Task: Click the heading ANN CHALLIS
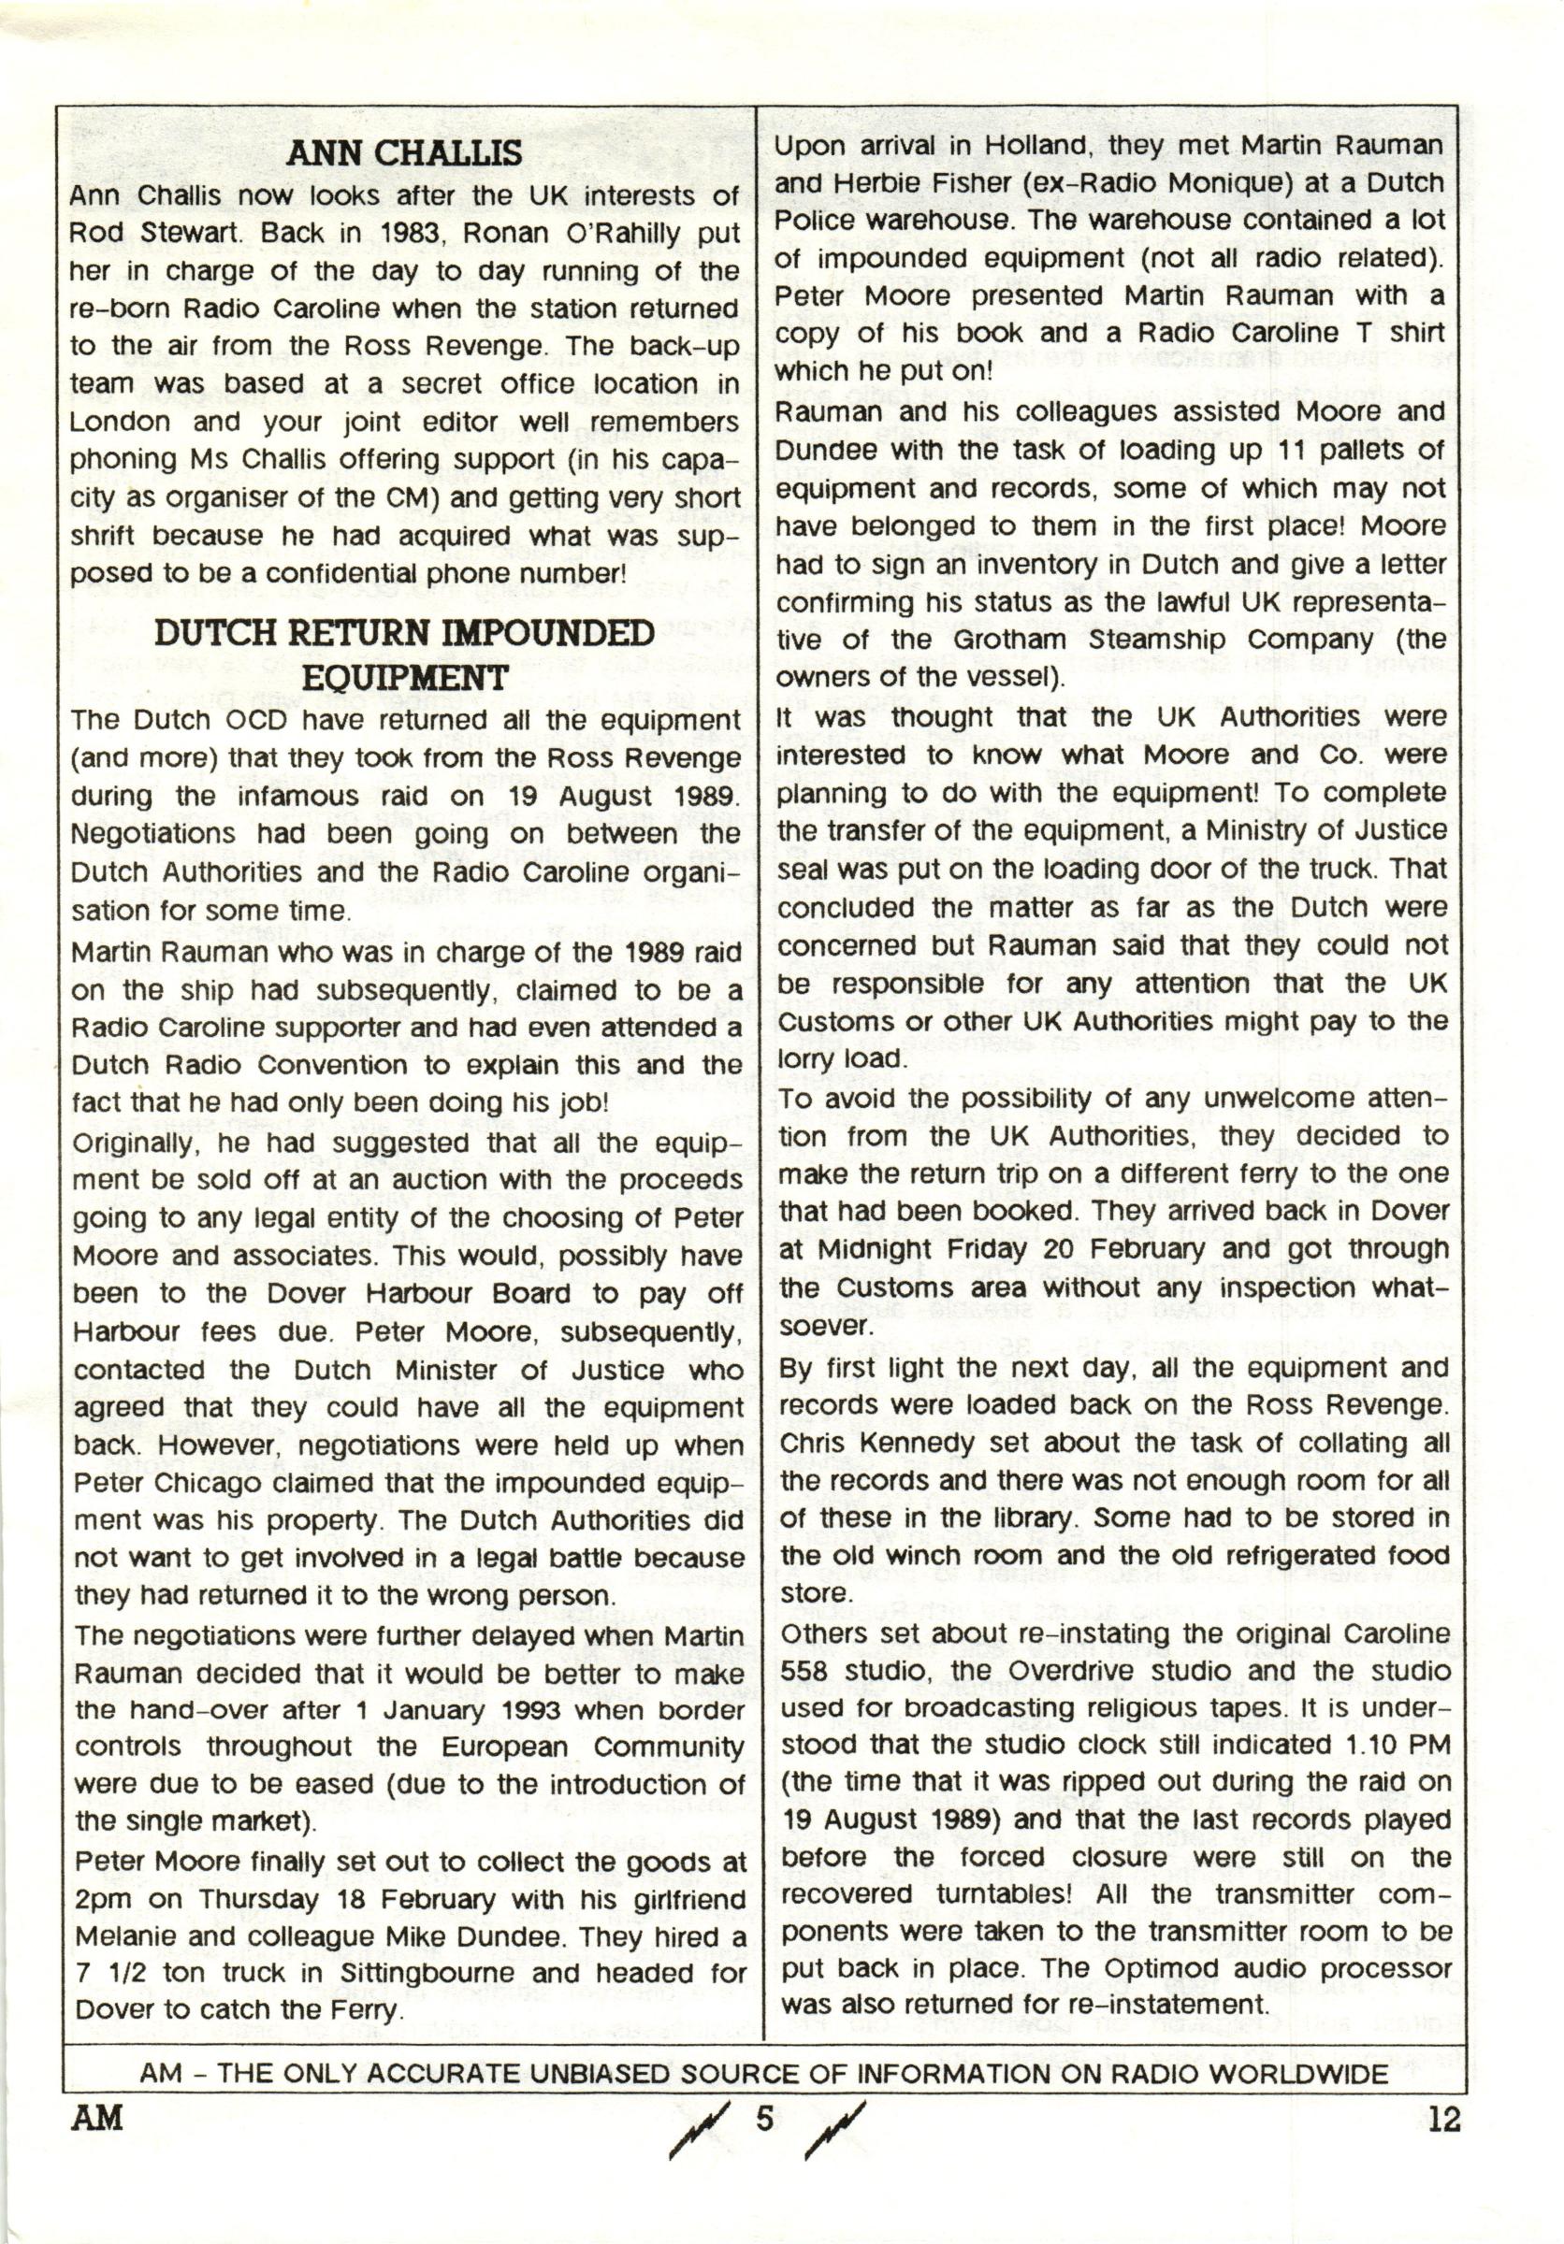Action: [405, 152]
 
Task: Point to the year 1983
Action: [408, 234]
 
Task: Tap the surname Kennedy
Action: [941, 1442]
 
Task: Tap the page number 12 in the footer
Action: [1442, 2119]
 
